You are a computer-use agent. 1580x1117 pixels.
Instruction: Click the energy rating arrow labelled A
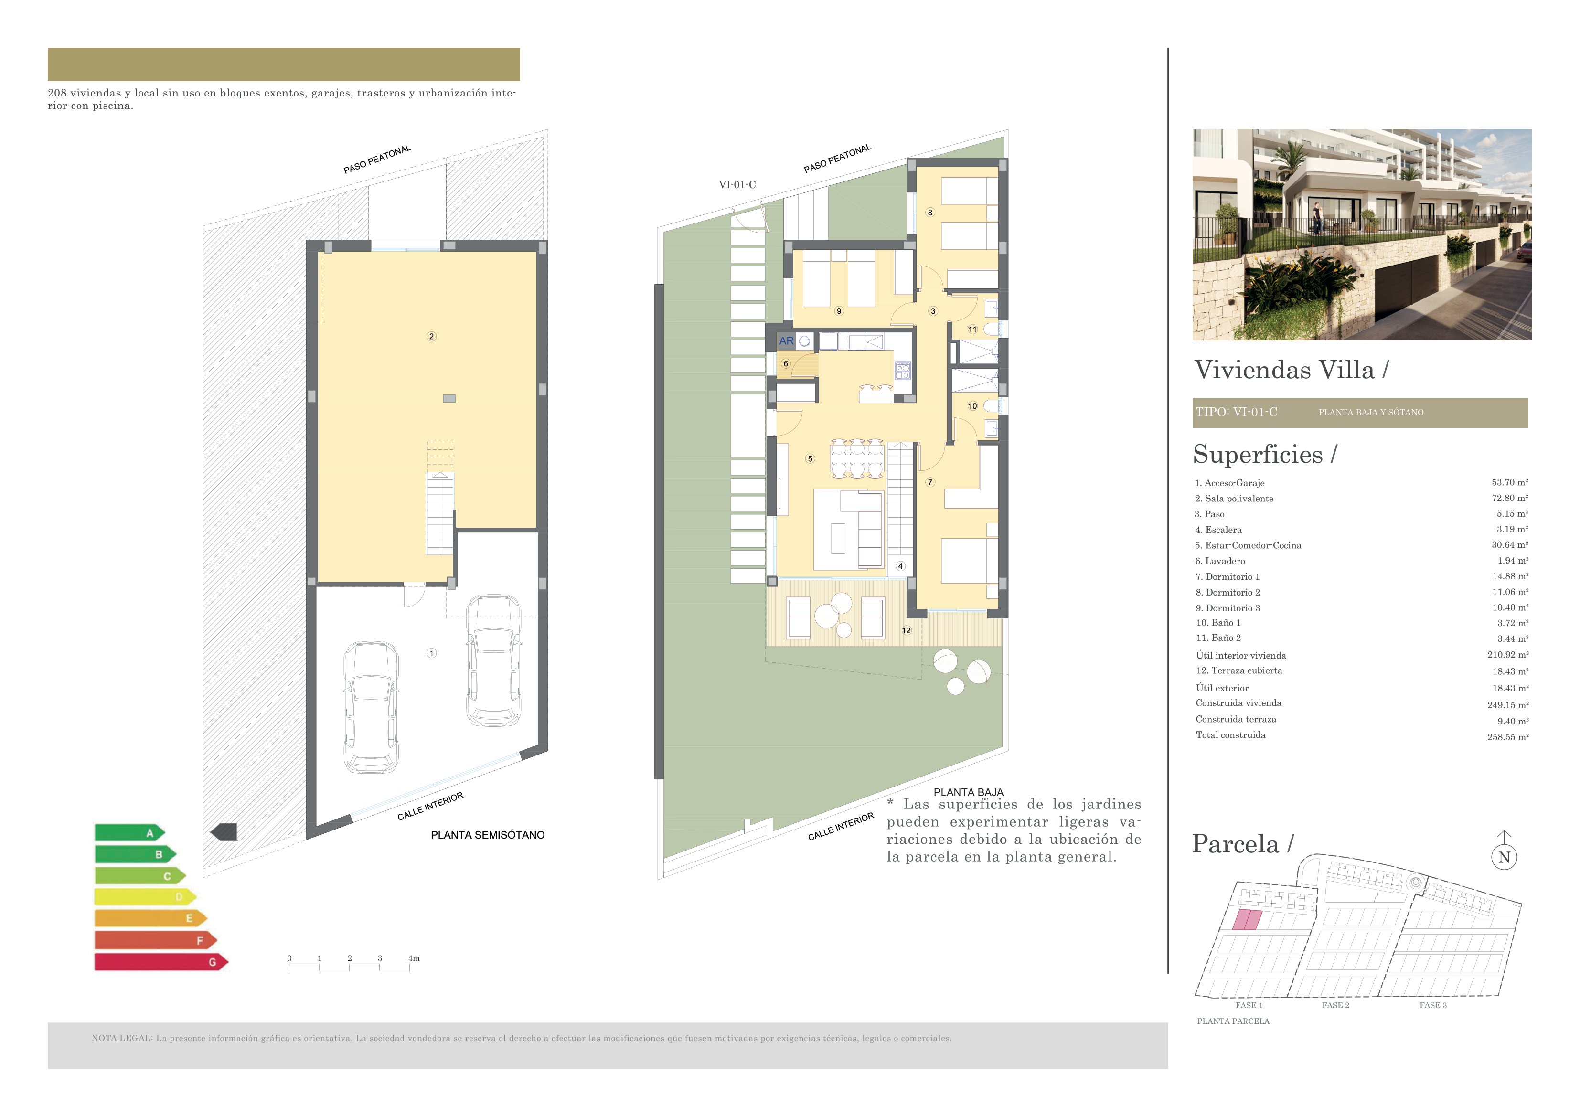click(x=129, y=833)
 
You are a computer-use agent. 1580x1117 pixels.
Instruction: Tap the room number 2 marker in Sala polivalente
click(x=431, y=337)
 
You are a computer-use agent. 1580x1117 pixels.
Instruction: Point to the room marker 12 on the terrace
click(x=906, y=630)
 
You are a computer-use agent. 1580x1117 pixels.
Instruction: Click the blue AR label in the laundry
click(x=786, y=340)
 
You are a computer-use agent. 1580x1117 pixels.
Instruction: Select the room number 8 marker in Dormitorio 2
click(x=929, y=213)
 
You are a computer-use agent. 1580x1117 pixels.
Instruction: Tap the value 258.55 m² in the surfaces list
click(x=1507, y=737)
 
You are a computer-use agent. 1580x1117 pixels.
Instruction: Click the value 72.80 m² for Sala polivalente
click(x=1509, y=498)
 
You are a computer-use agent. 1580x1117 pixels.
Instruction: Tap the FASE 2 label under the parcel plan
click(x=1335, y=1006)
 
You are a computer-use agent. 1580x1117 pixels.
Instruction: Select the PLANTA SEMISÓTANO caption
click(x=487, y=835)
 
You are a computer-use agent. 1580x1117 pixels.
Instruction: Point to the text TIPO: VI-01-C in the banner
click(x=1236, y=412)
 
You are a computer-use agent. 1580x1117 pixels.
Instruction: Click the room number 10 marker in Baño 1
click(x=972, y=406)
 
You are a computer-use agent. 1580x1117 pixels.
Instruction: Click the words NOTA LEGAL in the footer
click(x=121, y=1039)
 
